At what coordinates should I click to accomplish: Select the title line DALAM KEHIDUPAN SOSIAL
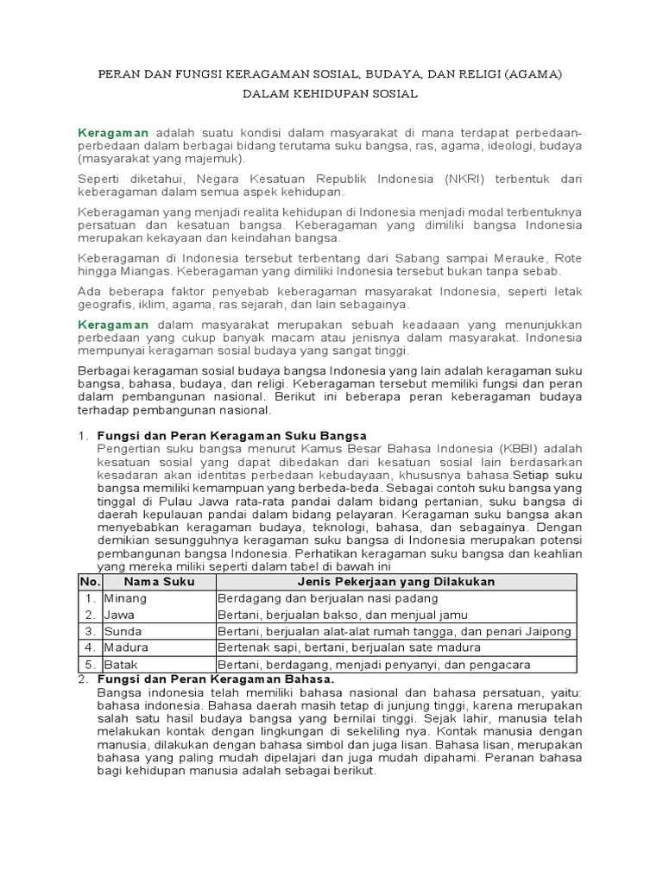(x=331, y=94)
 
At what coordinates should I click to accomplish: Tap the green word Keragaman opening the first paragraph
(x=114, y=133)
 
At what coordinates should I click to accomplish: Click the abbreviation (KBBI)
(x=512, y=449)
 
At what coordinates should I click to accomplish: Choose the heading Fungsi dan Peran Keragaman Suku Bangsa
(x=231, y=435)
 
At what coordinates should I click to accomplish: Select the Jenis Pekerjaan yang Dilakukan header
(x=395, y=582)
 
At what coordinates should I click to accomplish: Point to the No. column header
(x=91, y=582)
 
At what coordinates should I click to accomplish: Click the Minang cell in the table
(x=125, y=598)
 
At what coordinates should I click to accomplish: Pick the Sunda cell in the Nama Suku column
(x=123, y=631)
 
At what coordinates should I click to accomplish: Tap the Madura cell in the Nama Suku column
(x=126, y=647)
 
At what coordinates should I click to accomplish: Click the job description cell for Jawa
(x=343, y=615)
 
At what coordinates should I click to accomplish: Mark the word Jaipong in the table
(x=549, y=631)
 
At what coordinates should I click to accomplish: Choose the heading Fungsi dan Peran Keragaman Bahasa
(x=215, y=679)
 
